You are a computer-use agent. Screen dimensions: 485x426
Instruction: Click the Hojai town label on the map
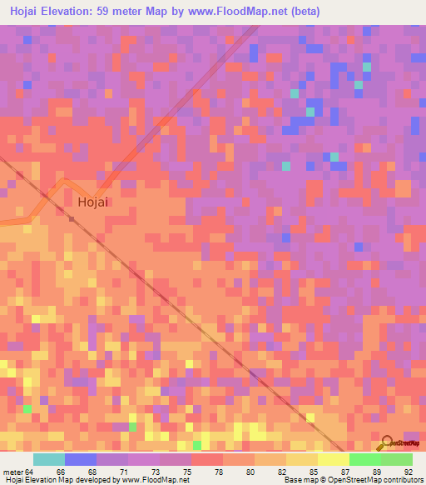[94, 202]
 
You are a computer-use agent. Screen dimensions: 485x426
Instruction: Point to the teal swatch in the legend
[48, 459]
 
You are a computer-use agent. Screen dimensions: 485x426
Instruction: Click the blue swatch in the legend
[80, 459]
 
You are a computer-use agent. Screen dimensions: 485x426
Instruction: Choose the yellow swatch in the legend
[333, 459]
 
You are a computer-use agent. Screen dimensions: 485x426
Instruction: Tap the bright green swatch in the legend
[364, 459]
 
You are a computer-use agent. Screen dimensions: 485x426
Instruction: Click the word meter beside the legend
[12, 471]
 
